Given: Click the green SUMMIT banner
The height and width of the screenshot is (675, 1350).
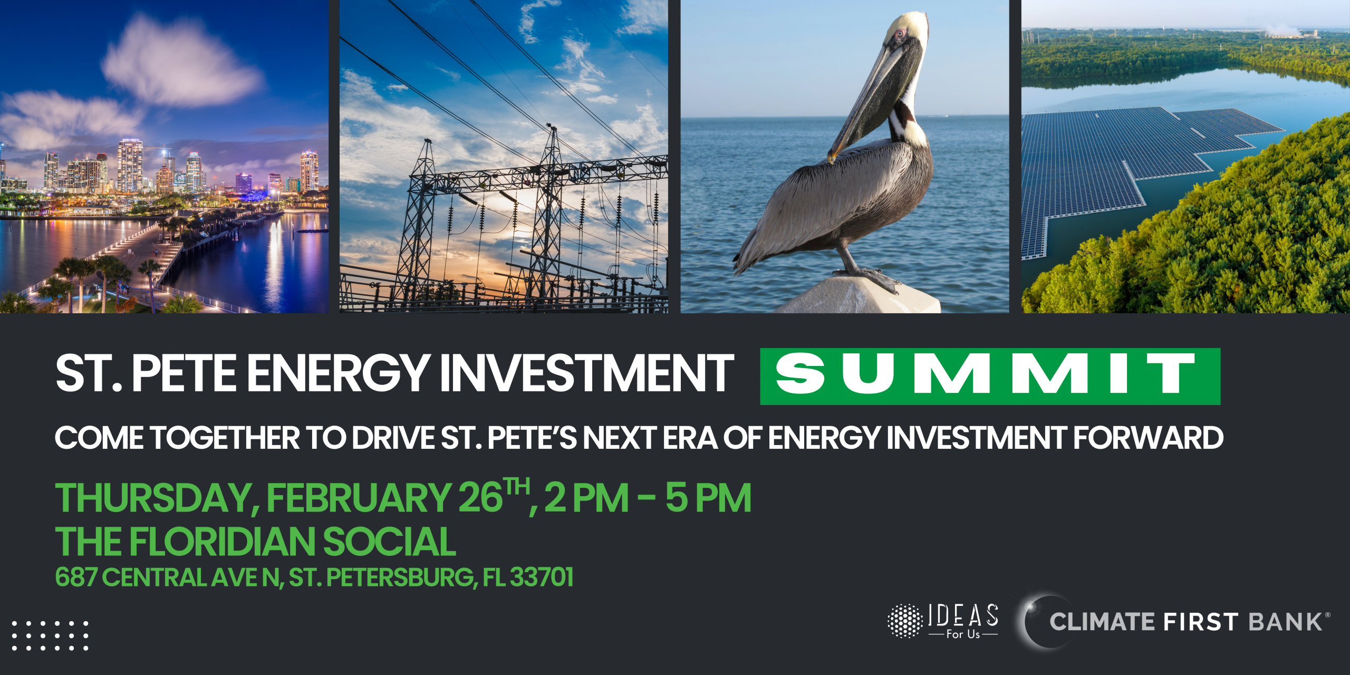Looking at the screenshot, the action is pos(990,376).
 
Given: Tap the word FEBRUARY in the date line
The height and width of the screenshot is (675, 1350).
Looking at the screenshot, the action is pos(358,498).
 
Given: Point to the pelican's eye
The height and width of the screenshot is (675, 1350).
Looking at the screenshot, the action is pos(899,34).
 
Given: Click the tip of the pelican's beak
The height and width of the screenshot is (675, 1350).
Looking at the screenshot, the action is pos(830,158).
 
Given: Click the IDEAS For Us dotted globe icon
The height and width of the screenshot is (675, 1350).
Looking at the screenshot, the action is pos(905,621).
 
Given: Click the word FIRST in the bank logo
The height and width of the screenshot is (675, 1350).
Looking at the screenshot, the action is pos(1200,622).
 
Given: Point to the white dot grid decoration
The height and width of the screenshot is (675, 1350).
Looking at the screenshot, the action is pos(50,635).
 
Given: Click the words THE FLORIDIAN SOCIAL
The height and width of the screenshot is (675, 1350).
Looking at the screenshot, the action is pos(256,542).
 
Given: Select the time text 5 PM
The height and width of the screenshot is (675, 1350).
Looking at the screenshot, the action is pos(708,498).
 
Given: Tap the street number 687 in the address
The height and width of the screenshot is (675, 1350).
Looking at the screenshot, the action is pos(76,577).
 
